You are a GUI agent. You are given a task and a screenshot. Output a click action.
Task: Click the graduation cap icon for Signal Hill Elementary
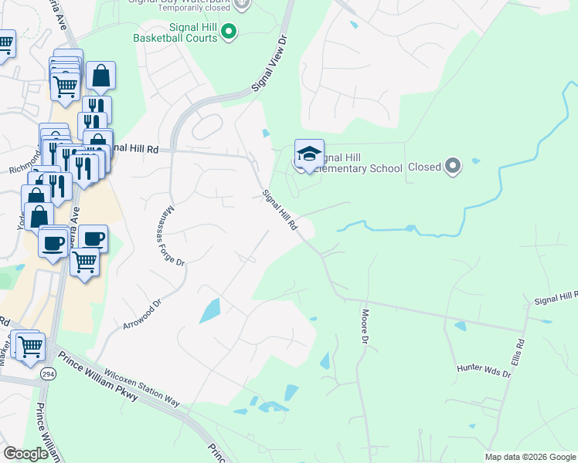[x=309, y=153]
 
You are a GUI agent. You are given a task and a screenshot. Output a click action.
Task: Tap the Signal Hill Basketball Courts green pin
[x=229, y=32]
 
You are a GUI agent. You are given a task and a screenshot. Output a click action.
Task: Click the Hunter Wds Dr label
[x=484, y=372]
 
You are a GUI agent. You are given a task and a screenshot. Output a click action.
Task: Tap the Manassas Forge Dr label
[x=175, y=236]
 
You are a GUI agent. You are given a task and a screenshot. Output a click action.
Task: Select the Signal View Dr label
[x=269, y=63]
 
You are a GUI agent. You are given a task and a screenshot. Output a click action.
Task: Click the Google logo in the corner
[x=25, y=453]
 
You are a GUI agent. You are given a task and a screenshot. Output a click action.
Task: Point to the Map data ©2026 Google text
[x=529, y=457]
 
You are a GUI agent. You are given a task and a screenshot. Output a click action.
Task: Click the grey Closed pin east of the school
[x=453, y=166]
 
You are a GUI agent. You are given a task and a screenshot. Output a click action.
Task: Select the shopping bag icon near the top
[x=101, y=76]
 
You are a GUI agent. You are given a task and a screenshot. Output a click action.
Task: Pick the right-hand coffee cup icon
[x=93, y=239]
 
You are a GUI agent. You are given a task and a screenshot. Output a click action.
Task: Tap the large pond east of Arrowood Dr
[x=209, y=310]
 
